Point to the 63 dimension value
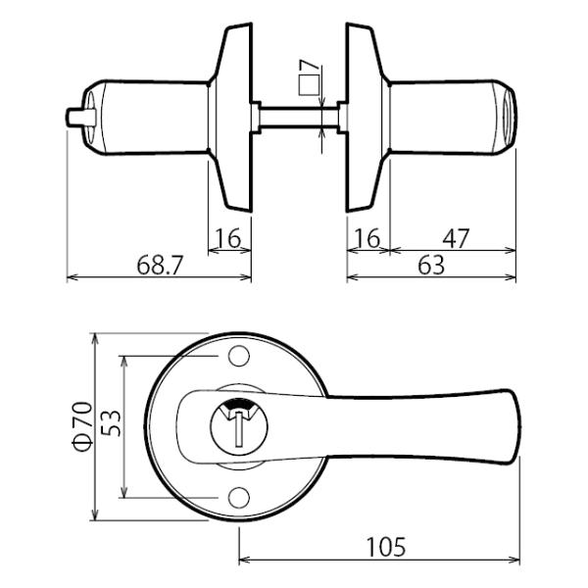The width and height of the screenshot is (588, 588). pos(429,265)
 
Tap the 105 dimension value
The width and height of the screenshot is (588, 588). pos(385,547)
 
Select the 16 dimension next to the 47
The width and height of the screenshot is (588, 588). pos(367,238)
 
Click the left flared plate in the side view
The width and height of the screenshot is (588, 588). pos(233,118)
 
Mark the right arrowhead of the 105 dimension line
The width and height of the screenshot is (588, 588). pos(516,562)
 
